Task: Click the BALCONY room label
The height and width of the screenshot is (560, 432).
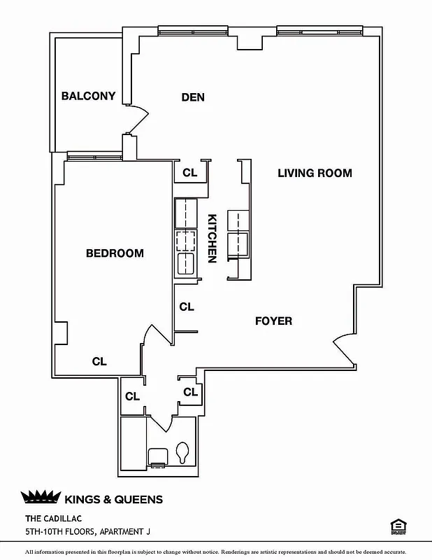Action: (x=88, y=96)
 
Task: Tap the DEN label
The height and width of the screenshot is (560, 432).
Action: (x=193, y=97)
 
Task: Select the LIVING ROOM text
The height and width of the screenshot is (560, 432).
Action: (x=315, y=173)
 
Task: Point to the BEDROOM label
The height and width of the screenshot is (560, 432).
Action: (x=115, y=253)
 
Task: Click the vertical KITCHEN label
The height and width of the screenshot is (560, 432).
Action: (x=213, y=238)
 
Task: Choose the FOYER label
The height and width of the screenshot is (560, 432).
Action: (x=273, y=321)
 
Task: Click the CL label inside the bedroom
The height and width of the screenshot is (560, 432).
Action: (x=99, y=361)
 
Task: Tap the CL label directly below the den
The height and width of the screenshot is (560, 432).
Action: (x=190, y=173)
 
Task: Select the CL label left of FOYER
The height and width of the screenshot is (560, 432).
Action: (x=187, y=307)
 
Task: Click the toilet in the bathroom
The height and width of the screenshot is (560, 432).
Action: (x=183, y=451)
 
